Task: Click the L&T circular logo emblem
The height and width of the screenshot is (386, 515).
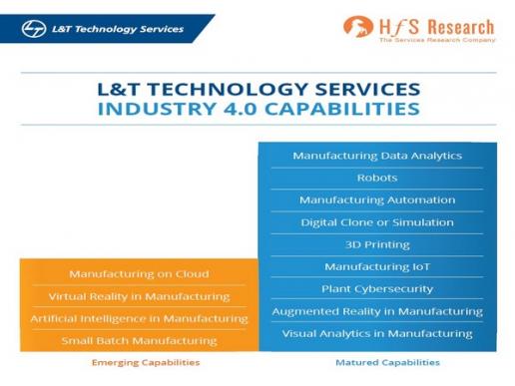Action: click(x=34, y=29)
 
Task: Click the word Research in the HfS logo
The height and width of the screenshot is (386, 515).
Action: click(x=460, y=27)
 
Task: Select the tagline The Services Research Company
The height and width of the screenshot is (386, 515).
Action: click(x=437, y=40)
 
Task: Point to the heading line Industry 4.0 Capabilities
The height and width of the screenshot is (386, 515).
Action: click(x=258, y=109)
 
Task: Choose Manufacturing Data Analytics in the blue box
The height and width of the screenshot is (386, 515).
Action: click(x=377, y=156)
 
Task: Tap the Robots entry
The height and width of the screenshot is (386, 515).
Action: click(x=377, y=178)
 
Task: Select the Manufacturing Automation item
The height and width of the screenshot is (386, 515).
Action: click(x=377, y=200)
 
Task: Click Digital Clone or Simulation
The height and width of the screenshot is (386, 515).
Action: click(x=377, y=222)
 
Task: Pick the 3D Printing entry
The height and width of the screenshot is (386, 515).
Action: click(x=377, y=245)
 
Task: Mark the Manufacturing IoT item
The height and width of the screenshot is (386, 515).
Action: click(x=377, y=267)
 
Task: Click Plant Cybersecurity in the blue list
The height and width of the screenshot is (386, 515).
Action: click(x=377, y=289)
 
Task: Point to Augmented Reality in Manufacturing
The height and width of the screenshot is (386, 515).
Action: click(x=377, y=311)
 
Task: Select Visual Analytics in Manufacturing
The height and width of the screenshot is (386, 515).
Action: click(x=377, y=334)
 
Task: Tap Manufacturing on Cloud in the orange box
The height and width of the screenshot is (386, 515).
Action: click(x=139, y=274)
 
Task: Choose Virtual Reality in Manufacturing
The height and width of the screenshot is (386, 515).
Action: click(x=139, y=296)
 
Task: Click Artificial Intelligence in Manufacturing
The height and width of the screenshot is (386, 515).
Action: click(x=139, y=319)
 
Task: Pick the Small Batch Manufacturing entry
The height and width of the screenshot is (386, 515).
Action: click(x=139, y=341)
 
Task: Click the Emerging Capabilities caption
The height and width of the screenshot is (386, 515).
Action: click(x=146, y=362)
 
